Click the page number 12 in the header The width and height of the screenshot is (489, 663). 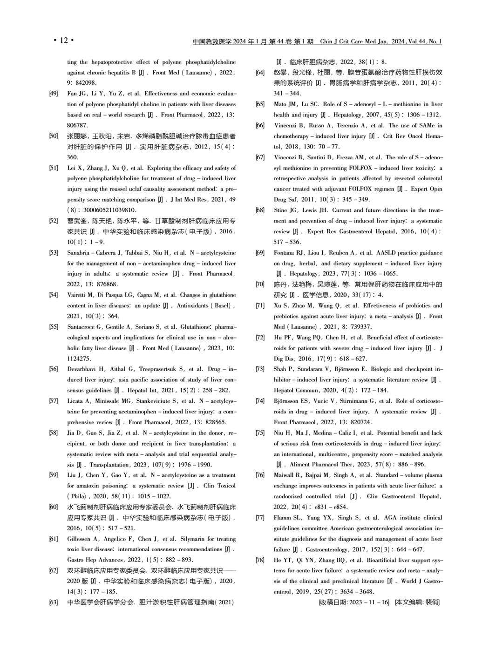point(64,41)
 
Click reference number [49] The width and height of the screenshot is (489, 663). point(53,94)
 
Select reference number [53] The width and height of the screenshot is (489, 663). point(53,253)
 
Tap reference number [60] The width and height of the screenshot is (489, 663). point(53,507)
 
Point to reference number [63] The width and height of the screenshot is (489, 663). point(53,602)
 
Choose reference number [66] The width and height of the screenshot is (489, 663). point(260,125)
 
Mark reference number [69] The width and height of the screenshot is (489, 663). point(260,253)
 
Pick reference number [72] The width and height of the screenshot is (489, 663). point(260,338)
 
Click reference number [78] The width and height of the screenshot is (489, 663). point(260,560)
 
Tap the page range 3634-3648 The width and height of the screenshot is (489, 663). point(351,592)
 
